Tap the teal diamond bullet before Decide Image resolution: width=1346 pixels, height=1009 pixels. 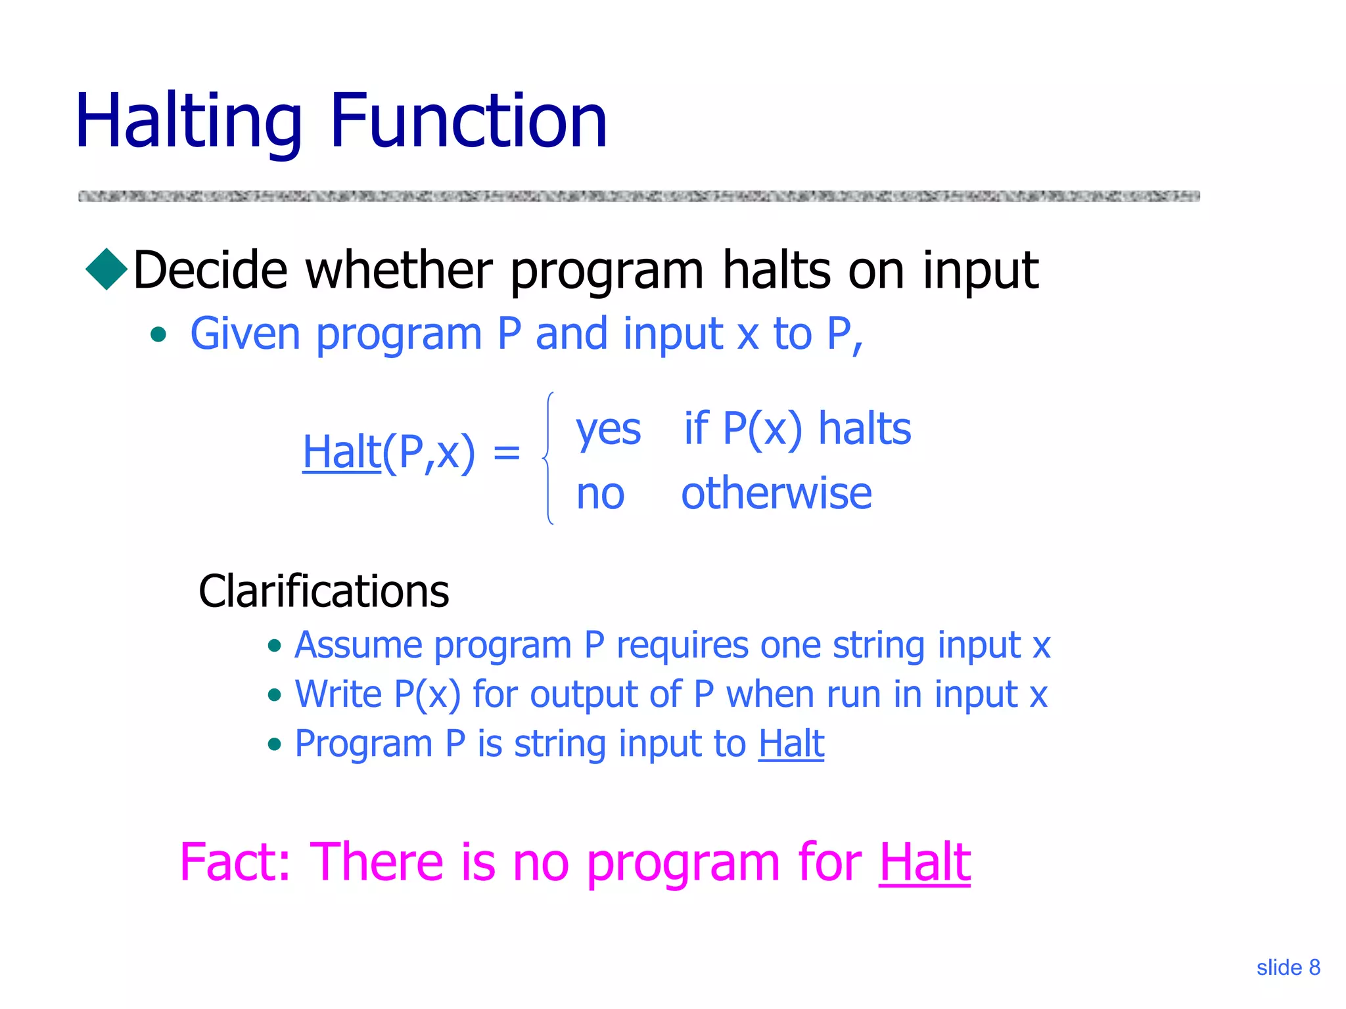(106, 269)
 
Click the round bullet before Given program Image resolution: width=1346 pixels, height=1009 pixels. (158, 336)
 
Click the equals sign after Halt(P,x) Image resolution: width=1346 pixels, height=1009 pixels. (506, 452)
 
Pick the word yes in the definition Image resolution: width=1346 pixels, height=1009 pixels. (608, 430)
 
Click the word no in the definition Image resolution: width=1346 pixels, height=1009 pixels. (599, 494)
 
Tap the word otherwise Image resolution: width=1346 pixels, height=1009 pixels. (776, 494)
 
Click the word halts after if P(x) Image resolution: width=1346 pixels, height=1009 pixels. (864, 429)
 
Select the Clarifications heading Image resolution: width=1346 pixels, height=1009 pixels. (323, 591)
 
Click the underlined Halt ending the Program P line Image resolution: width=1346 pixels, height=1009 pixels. (791, 744)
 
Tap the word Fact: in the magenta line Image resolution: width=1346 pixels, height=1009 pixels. (235, 861)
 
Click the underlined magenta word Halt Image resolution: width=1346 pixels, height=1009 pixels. (924, 861)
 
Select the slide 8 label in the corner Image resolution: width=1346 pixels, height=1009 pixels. (1288, 968)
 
